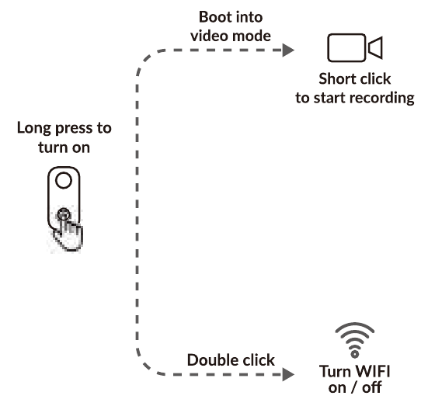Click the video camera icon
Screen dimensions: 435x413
point(355,47)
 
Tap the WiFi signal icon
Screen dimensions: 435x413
point(355,340)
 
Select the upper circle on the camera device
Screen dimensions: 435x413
point(64,180)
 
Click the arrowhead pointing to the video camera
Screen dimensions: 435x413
point(288,50)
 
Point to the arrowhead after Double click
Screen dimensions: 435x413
point(288,374)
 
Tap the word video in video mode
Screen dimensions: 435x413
point(205,36)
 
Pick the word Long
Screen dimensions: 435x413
point(34,129)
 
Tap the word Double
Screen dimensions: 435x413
point(208,360)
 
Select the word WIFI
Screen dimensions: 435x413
point(373,371)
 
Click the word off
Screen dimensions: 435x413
point(372,387)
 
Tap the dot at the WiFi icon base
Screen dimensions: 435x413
point(355,354)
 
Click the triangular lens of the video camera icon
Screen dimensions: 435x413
point(376,47)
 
